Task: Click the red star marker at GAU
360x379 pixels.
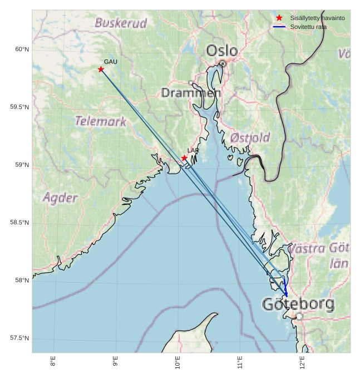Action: tap(101, 69)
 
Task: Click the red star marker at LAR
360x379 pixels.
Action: tap(184, 158)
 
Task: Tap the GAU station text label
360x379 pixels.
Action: tap(111, 62)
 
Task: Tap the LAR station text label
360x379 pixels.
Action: tap(193, 151)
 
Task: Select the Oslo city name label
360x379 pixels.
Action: tap(222, 51)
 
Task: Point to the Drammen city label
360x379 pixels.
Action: tap(191, 93)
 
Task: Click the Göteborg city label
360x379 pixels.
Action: tap(298, 304)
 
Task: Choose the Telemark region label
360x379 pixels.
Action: tap(101, 121)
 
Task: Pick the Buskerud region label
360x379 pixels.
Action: tap(121, 23)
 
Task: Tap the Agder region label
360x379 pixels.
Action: tap(60, 198)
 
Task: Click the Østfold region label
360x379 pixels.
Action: tap(250, 137)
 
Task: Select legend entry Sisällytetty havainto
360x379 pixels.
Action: tap(317, 18)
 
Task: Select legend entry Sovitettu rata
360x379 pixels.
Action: tap(308, 27)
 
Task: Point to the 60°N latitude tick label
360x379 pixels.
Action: tap(22, 49)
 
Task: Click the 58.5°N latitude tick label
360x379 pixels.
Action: tap(19, 223)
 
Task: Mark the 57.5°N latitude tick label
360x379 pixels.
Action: tap(19, 338)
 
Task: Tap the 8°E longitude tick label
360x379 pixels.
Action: tap(53, 361)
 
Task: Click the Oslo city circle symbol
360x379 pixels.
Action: tap(223, 63)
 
